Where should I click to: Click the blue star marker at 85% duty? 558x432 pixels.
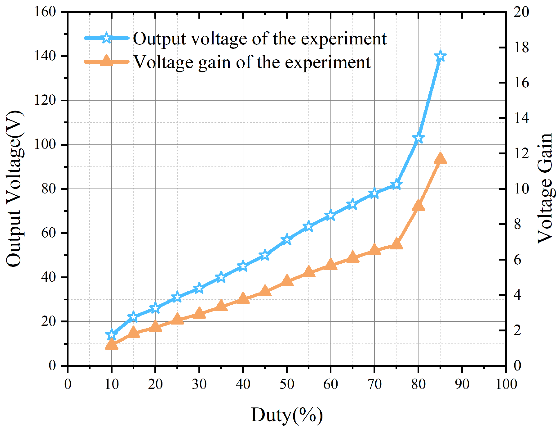pyautogui.click(x=440, y=57)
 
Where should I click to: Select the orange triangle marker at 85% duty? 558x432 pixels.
pyautogui.click(x=440, y=158)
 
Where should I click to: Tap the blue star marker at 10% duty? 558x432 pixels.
pyautogui.click(x=111, y=334)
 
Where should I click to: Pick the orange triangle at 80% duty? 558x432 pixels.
pyautogui.click(x=418, y=206)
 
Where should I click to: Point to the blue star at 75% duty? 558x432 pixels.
pyautogui.click(x=396, y=184)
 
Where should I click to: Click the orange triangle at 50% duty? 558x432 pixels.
pyautogui.click(x=287, y=281)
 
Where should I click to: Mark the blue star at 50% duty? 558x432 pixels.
pyautogui.click(x=287, y=239)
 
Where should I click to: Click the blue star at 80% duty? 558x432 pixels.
pyautogui.click(x=418, y=138)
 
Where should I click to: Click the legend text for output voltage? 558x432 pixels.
pyautogui.click(x=260, y=39)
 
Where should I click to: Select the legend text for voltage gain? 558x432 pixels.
pyautogui.click(x=252, y=62)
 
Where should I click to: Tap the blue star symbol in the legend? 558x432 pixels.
pyautogui.click(x=106, y=38)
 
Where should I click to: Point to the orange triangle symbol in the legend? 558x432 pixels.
pyautogui.click(x=106, y=61)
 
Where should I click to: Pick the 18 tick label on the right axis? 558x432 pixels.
pyautogui.click(x=521, y=48)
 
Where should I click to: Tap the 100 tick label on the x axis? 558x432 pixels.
pyautogui.click(x=506, y=384)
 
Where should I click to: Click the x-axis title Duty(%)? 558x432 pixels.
pyautogui.click(x=287, y=415)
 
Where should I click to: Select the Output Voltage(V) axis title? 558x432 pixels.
pyautogui.click(x=14, y=189)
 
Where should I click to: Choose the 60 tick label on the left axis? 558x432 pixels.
pyautogui.click(x=48, y=233)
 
